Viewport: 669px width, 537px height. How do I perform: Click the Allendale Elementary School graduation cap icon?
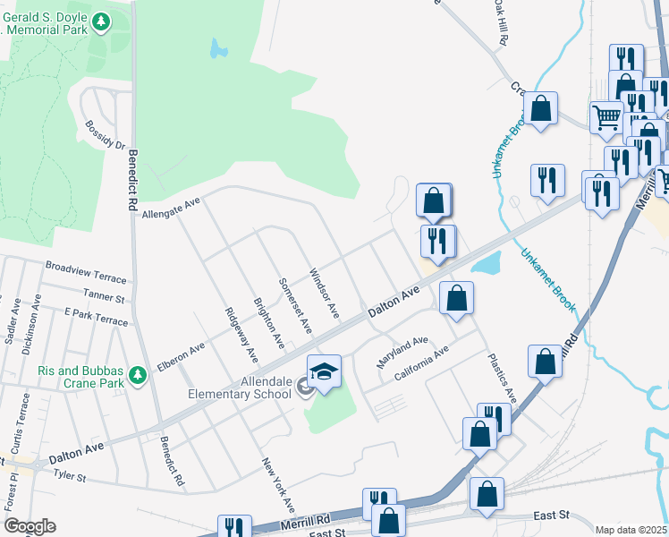point(324,371)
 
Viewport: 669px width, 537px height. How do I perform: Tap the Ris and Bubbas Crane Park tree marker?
point(137,375)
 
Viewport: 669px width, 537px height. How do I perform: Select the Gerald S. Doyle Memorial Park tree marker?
point(101,21)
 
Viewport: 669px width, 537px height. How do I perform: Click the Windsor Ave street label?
point(324,293)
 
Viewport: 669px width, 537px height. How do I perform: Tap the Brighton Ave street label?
point(268,323)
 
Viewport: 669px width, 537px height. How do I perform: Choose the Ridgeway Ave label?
point(241,336)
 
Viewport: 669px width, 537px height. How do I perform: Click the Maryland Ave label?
point(402,345)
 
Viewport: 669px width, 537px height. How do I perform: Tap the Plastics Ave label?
point(502,377)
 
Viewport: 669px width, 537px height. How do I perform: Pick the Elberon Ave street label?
point(181,356)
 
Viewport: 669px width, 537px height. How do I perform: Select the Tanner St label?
point(105,294)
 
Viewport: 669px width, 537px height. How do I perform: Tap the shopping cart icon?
point(606,116)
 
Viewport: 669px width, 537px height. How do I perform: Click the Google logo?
point(30,526)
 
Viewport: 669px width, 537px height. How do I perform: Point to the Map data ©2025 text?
point(631,530)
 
